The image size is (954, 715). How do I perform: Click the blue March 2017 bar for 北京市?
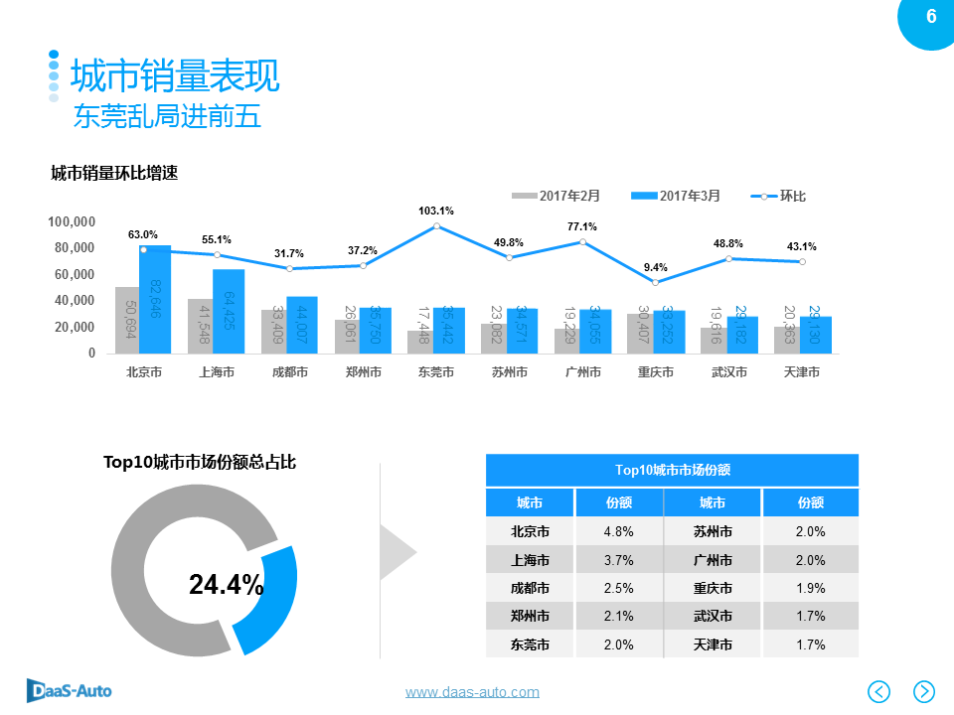(155, 299)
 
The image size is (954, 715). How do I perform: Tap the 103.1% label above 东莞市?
(435, 211)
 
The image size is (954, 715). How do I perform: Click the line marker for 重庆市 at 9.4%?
(655, 283)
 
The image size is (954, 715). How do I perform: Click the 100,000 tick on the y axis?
(72, 221)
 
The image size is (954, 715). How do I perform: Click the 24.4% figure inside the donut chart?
(227, 585)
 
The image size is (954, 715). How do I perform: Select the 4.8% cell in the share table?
(618, 531)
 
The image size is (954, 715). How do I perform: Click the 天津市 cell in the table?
(713, 644)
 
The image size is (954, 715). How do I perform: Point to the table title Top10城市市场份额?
(672, 470)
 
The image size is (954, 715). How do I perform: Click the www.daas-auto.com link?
(472, 692)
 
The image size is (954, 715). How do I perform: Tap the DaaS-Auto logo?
(70, 690)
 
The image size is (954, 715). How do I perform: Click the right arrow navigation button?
(924, 691)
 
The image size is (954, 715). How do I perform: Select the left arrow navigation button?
(879, 691)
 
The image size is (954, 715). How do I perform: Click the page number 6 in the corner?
(931, 17)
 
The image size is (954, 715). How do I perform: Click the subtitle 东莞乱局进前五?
(167, 117)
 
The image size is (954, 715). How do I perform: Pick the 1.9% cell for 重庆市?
(810, 588)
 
